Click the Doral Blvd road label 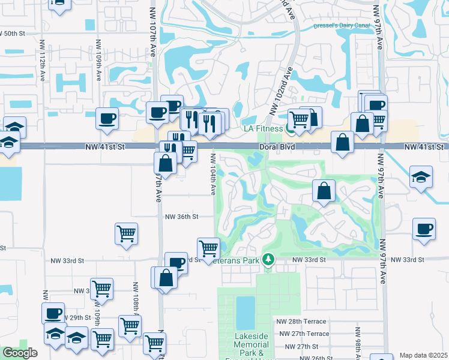276,146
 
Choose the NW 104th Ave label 213,173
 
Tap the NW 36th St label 182,216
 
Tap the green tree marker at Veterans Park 270,259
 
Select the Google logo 20,353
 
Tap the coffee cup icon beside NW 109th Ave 107,118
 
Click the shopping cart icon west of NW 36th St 126,233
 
